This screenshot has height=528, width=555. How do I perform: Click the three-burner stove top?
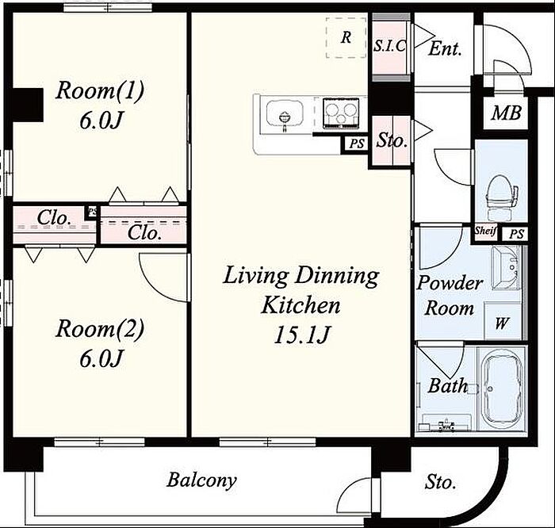click(340, 113)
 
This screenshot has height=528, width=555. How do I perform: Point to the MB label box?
click(506, 113)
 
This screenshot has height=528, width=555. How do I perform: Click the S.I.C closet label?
click(389, 46)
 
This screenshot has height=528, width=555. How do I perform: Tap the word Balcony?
click(201, 480)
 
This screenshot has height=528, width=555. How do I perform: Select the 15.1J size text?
click(302, 335)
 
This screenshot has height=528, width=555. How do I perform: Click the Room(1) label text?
click(100, 90)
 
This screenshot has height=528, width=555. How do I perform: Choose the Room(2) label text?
click(100, 328)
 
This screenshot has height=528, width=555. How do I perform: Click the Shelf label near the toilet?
click(485, 231)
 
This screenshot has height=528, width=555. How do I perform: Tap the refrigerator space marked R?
click(346, 37)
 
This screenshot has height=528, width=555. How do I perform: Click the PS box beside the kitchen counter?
click(357, 144)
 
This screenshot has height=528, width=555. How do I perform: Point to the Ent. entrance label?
click(445, 49)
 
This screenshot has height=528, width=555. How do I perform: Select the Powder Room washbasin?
click(506, 268)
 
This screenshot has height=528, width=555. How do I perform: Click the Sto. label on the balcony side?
click(440, 482)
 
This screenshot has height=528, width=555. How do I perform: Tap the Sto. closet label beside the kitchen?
click(392, 140)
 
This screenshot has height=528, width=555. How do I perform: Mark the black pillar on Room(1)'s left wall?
click(28, 105)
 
